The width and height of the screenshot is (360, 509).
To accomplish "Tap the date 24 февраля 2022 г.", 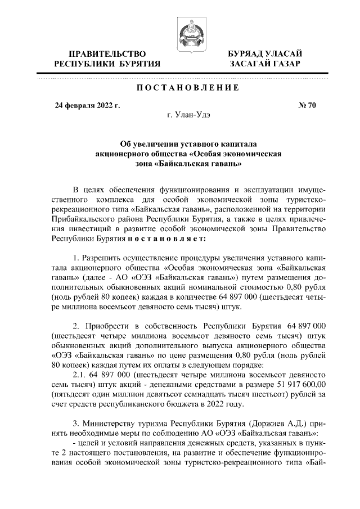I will tap(87, 105).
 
